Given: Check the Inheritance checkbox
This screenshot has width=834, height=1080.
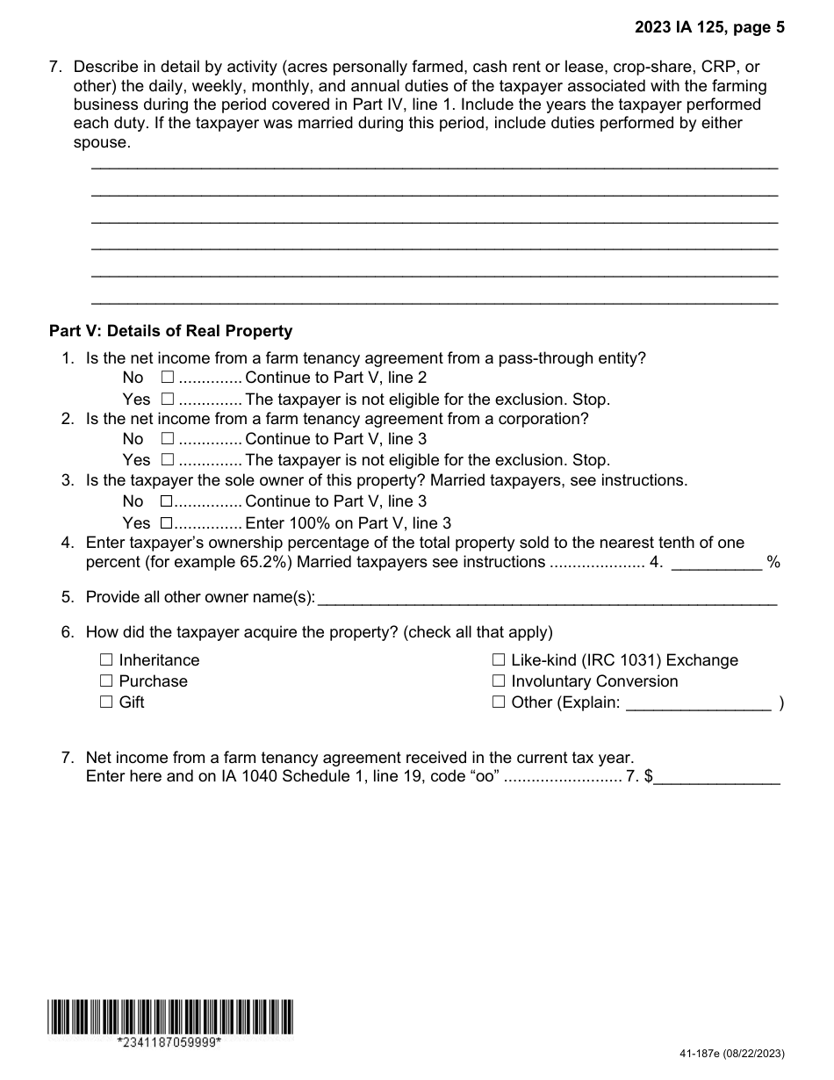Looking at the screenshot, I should click(x=106, y=659).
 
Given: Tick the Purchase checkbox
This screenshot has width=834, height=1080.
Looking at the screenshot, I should click(x=106, y=680).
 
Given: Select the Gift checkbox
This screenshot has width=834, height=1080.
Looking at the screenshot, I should click(x=106, y=702).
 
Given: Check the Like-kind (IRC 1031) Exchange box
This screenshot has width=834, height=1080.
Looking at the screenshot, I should click(x=499, y=659).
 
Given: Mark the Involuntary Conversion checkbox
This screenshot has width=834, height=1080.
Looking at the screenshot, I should click(x=499, y=680).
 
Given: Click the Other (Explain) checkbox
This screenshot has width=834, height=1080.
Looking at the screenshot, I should click(x=499, y=702).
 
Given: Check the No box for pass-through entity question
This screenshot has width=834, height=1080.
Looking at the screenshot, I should click(x=168, y=378).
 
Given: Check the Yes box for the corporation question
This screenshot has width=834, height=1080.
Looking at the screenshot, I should click(x=168, y=459).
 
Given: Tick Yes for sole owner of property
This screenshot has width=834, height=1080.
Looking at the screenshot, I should click(x=166, y=522).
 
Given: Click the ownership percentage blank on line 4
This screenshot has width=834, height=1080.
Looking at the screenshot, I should click(x=716, y=563).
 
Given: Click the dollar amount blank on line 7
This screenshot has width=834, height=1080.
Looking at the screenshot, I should click(x=716, y=778).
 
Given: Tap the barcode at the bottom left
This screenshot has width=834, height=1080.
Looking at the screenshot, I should click(x=171, y=1016).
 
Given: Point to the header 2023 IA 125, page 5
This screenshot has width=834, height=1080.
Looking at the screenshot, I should click(x=709, y=27).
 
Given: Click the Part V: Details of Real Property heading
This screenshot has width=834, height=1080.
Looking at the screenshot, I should click(x=170, y=331).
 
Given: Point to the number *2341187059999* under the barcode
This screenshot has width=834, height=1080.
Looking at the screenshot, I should click(x=169, y=1042).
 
